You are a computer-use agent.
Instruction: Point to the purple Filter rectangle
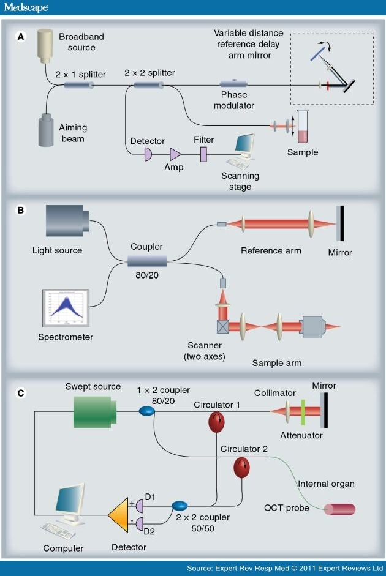[x=203, y=152]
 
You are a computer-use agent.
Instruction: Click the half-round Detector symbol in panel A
[x=148, y=155]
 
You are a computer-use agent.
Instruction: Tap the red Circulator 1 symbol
[x=217, y=422]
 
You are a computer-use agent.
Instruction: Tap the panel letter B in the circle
[x=21, y=210]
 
